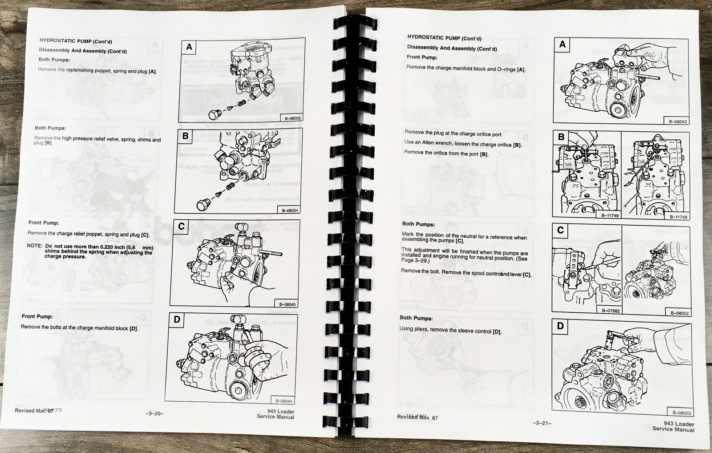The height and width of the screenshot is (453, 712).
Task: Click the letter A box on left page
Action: click(x=190, y=47)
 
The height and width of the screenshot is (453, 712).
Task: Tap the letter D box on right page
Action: click(x=560, y=326)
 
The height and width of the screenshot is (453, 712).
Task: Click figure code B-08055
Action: click(x=293, y=118)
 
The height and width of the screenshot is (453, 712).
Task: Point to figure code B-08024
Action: click(x=290, y=210)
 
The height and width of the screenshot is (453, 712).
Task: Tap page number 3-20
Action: click(x=154, y=413)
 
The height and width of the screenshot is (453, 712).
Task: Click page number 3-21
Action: click(x=542, y=423)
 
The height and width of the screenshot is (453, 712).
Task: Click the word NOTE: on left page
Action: click(x=34, y=246)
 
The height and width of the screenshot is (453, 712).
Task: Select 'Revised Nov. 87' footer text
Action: click(x=417, y=417)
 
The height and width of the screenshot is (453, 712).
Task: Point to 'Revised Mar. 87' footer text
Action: click(x=34, y=410)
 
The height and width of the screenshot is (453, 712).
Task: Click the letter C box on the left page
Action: click(x=181, y=226)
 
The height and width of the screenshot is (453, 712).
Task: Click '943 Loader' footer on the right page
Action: click(x=679, y=424)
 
